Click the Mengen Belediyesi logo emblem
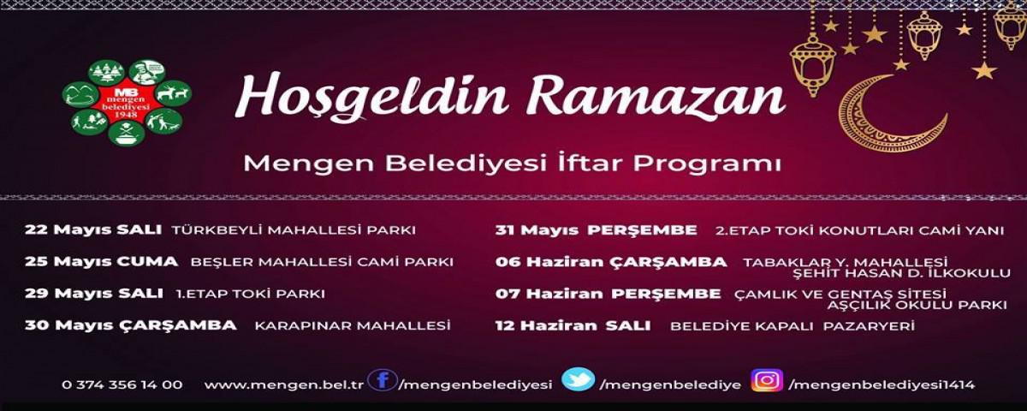click(127, 102)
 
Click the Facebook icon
click(383, 381)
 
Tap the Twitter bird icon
click(579, 379)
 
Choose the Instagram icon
click(767, 380)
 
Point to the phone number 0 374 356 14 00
click(122, 384)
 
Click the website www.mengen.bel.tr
click(284, 384)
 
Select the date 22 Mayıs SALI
click(93, 229)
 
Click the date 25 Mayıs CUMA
click(101, 261)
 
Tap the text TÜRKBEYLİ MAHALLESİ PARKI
click(294, 229)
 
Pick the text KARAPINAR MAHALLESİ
click(353, 325)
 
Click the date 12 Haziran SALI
click(573, 325)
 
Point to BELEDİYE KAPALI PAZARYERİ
click(793, 326)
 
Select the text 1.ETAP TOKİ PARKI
click(250, 294)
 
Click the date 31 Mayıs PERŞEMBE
click(596, 230)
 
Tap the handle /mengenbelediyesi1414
click(882, 384)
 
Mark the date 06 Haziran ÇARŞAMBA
click(611, 262)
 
